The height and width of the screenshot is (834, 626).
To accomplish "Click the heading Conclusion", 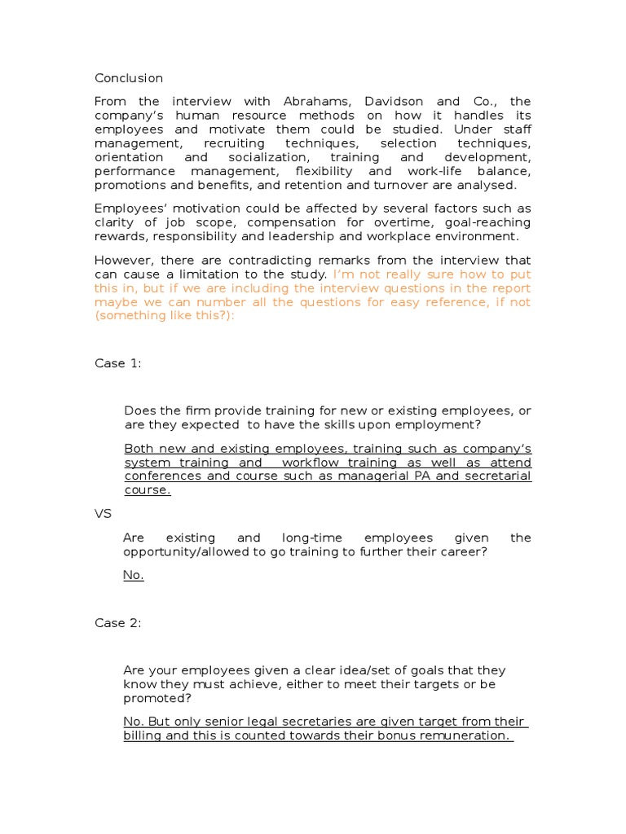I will (x=129, y=78).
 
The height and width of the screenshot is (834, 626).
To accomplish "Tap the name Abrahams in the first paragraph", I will (x=317, y=102).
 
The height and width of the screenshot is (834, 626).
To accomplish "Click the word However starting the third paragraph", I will (x=122, y=260).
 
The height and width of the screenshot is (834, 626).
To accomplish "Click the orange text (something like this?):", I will (x=165, y=316).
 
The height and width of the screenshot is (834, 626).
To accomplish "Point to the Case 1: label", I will (x=118, y=363).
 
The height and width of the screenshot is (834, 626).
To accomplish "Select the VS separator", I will (x=103, y=514).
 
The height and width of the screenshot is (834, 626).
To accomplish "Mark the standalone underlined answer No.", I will (x=134, y=575).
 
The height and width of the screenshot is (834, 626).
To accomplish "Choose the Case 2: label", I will (x=118, y=623).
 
